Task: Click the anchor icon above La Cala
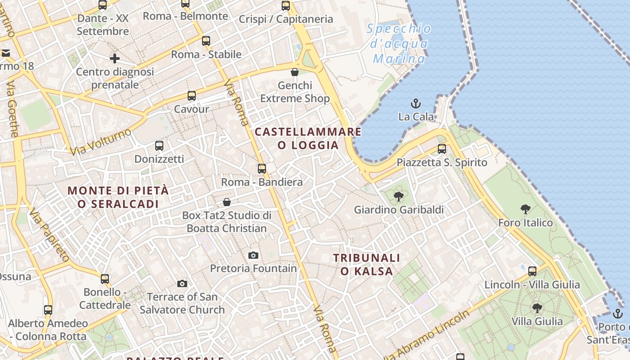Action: click(415, 103)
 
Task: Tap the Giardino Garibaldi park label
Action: click(399, 210)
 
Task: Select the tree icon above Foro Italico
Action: click(525, 209)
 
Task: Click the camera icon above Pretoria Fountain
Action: click(253, 256)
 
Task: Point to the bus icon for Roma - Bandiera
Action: click(262, 169)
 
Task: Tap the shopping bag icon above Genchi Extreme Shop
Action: click(295, 72)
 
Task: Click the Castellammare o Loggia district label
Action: click(308, 138)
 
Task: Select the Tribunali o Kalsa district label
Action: click(367, 264)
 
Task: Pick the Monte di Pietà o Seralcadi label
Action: click(118, 197)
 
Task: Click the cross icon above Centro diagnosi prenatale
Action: click(115, 58)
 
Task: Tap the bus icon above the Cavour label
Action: click(192, 96)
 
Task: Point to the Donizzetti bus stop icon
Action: click(159, 146)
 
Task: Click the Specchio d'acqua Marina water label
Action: click(399, 44)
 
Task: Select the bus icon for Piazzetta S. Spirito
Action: click(442, 149)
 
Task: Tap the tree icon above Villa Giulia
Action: click(537, 308)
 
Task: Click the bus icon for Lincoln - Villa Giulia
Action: click(532, 271)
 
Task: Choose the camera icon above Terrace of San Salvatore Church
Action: click(182, 283)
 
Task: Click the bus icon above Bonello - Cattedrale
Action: click(105, 279)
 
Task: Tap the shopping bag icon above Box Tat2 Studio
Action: click(227, 202)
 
